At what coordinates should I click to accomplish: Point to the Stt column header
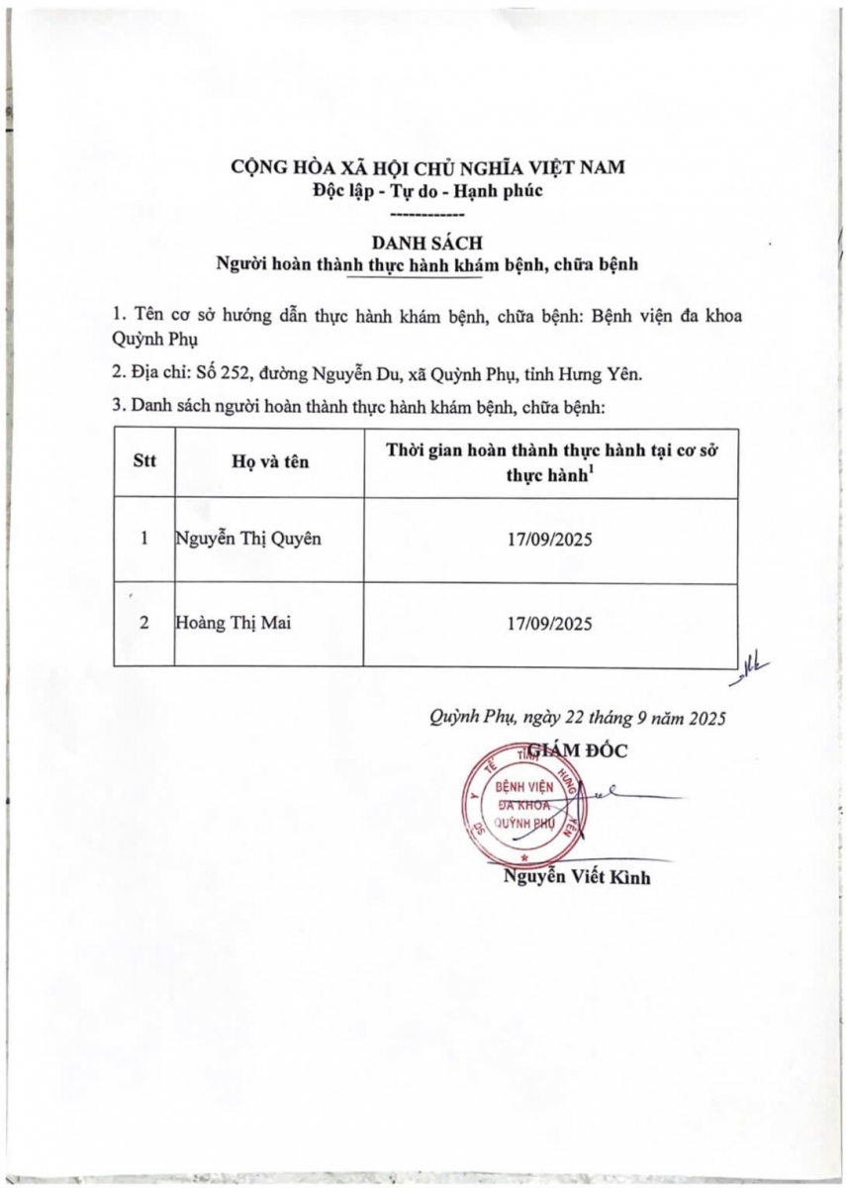pos(144,460)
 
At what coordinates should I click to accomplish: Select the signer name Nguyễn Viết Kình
pos(578,876)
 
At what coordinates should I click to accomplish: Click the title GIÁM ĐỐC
pos(580,749)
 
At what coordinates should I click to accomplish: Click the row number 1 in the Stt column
pos(144,540)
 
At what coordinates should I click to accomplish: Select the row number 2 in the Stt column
pos(144,624)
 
